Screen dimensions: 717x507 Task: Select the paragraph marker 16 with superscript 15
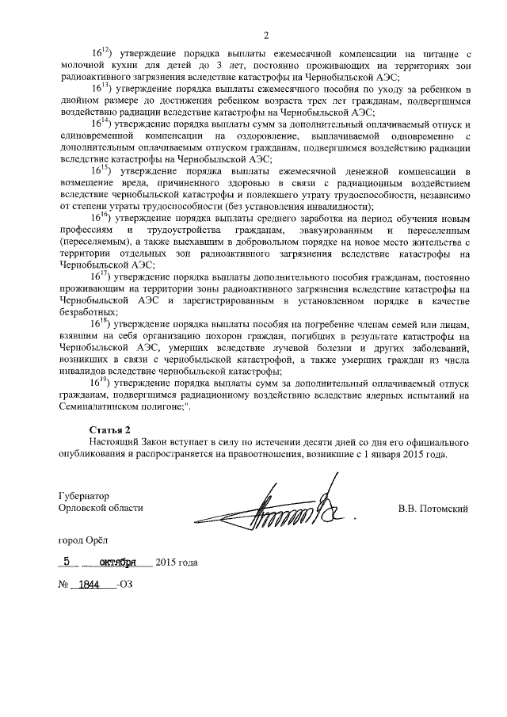[103, 170]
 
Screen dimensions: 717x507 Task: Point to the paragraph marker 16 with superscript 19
[103, 383]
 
